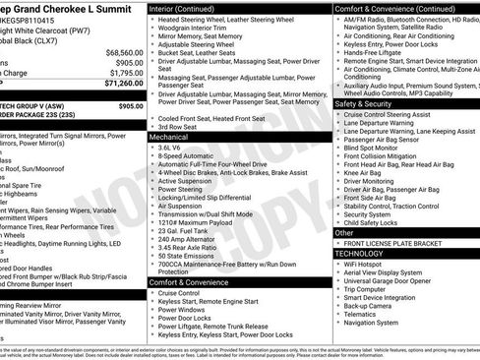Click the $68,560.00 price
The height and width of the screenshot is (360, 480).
(124, 52)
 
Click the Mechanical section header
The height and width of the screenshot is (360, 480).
(168, 138)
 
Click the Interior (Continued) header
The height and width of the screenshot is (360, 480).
(183, 8)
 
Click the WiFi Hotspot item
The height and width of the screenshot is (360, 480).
(365, 264)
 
